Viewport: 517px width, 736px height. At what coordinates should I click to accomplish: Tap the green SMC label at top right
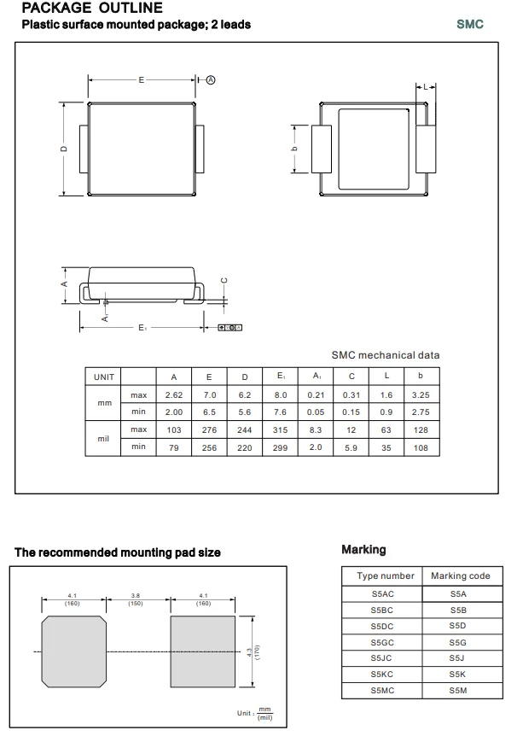[469, 24]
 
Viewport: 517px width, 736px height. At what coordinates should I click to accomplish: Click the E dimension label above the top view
[142, 79]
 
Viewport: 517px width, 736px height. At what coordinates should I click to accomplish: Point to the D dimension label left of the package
[64, 149]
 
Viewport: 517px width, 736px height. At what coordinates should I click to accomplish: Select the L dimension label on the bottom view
[425, 87]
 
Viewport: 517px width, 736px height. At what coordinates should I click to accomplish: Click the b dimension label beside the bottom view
[294, 149]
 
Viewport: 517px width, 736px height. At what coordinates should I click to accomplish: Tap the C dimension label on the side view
[224, 280]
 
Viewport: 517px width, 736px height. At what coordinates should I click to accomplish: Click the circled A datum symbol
[211, 79]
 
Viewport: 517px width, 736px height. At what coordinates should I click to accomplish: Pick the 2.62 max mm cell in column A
[174, 395]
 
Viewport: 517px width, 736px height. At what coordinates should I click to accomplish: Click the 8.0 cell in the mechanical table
[281, 395]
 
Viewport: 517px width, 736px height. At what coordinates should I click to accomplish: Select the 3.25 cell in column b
[420, 395]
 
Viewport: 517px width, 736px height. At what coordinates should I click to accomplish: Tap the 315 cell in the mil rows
[281, 429]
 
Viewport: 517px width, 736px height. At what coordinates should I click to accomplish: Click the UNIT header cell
[104, 377]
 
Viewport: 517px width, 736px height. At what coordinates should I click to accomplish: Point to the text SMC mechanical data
[386, 355]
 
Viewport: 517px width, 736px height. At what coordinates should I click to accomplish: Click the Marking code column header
[460, 576]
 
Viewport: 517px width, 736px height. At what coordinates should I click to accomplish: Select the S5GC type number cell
[383, 642]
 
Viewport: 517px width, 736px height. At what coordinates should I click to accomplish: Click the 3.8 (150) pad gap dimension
[135, 599]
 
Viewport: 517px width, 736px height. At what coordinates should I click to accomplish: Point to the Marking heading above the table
[363, 550]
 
